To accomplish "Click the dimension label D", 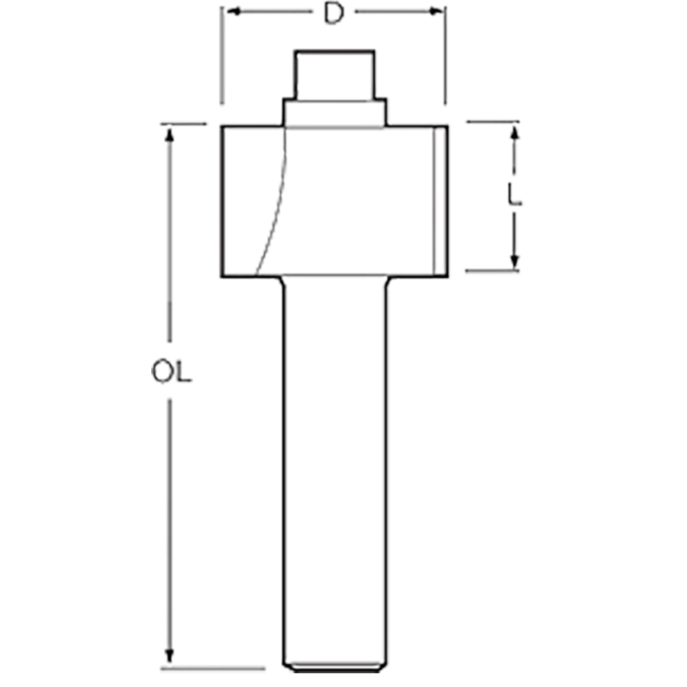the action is tap(334, 14).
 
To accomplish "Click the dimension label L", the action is tap(514, 195).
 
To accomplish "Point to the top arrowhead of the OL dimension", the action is tap(169, 134).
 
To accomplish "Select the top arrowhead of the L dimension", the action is tap(514, 132).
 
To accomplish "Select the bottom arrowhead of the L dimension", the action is tap(514, 261).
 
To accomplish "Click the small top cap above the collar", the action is tap(335, 75).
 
